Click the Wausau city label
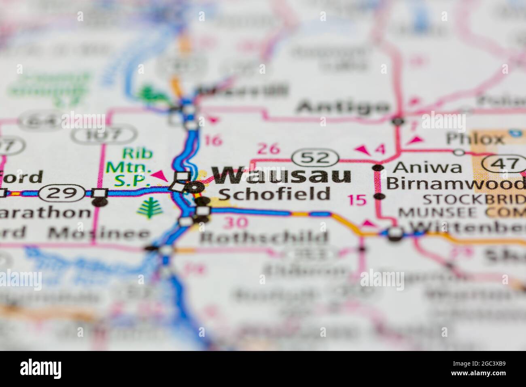point(282,176)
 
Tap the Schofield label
point(274,194)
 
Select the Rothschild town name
point(264,238)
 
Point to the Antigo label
point(343,107)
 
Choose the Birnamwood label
point(455,183)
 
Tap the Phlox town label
point(475,139)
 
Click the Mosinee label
point(99,233)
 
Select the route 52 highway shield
point(316,157)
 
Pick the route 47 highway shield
point(504,164)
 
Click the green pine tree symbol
point(147,207)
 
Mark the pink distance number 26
point(269,149)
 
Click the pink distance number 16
point(213,140)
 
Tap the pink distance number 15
point(357,200)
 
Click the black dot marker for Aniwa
point(378,167)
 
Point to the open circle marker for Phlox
point(459,152)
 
